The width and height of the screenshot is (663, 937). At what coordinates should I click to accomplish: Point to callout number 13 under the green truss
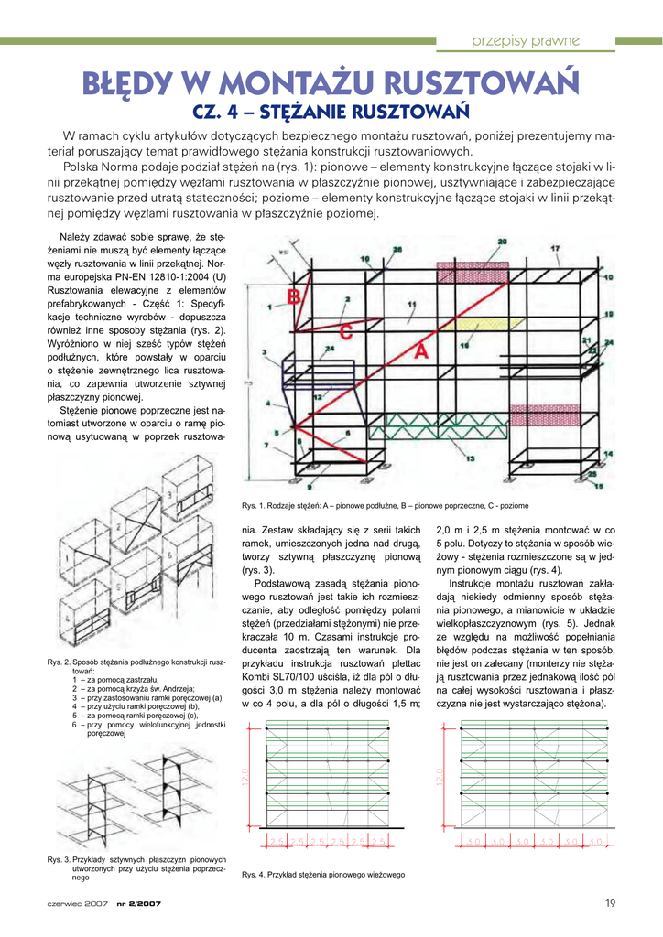coord(471,457)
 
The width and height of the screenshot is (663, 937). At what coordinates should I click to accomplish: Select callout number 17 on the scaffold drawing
coord(554,248)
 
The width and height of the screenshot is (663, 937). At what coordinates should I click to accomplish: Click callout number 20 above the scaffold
coord(501,242)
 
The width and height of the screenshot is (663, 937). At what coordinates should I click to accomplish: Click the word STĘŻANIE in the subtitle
coord(299,113)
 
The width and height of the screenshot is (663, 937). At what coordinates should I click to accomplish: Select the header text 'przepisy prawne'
coord(525,40)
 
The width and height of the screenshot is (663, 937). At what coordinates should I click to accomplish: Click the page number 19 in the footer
coord(609,904)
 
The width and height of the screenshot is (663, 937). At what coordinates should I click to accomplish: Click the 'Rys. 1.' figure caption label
coord(254,506)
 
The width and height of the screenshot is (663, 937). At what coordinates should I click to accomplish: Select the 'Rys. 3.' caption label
coord(60,859)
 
